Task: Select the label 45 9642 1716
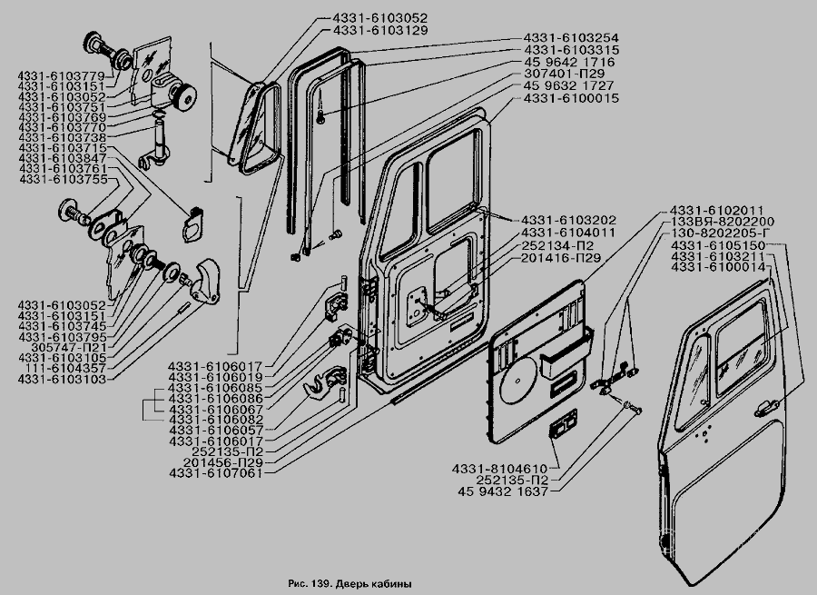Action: coord(569,62)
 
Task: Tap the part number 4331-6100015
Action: coord(569,97)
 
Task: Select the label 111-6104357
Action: coord(65,367)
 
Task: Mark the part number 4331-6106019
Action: coord(214,376)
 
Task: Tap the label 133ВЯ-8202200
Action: coord(722,222)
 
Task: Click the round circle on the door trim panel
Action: coord(517,379)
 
